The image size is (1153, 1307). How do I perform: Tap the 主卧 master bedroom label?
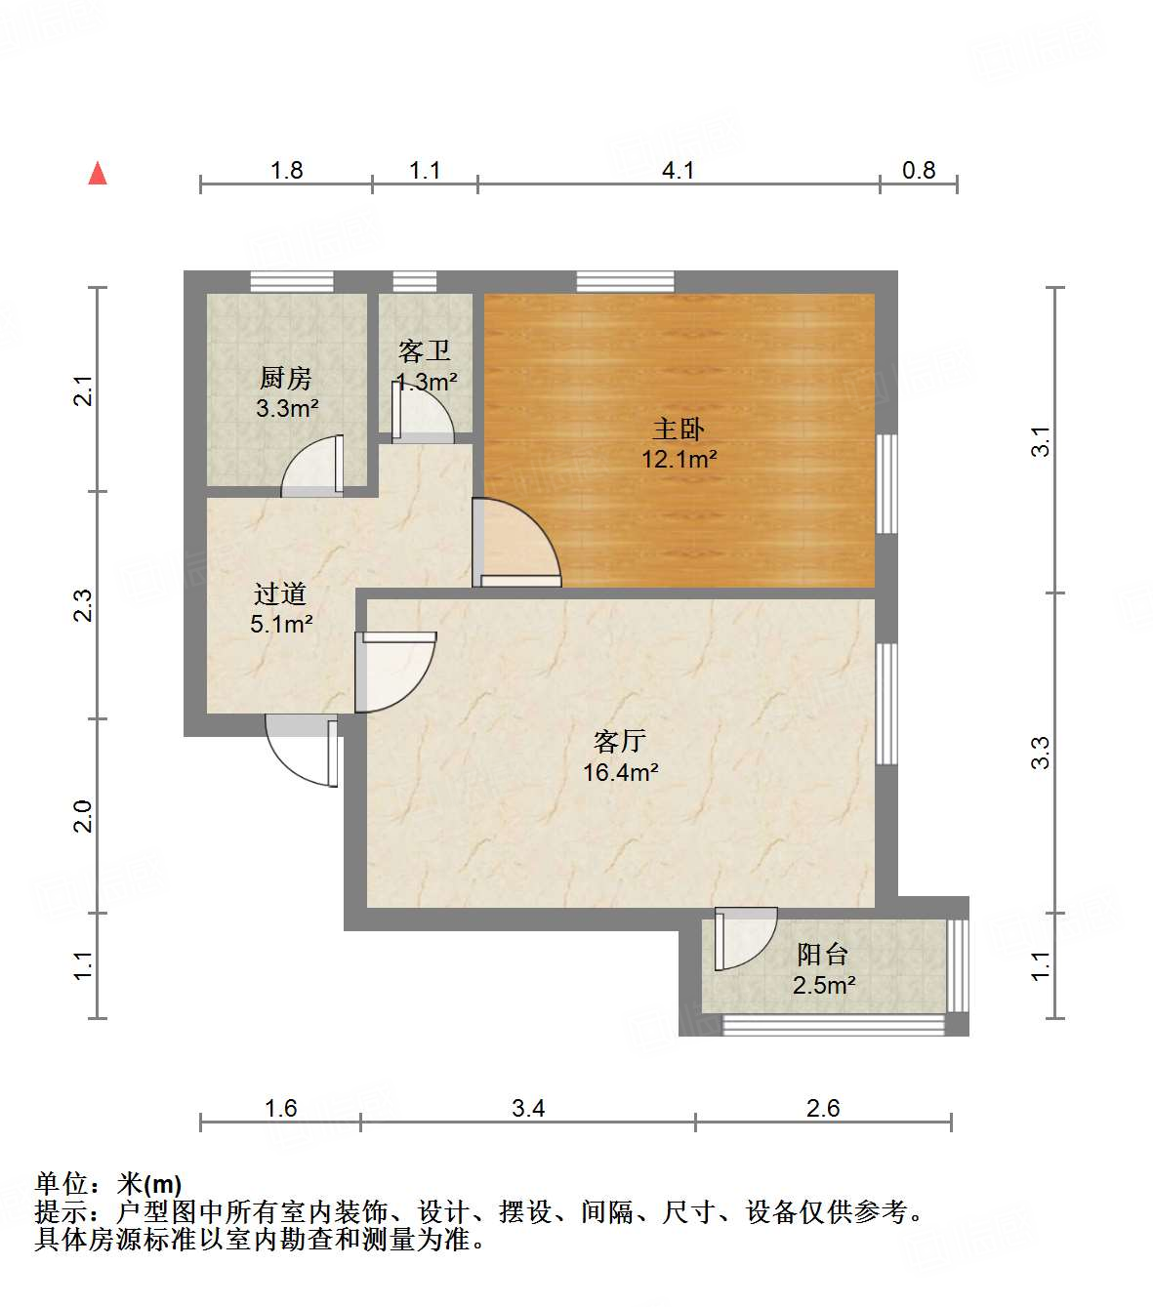tap(678, 429)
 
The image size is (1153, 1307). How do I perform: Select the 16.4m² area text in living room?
tap(620, 773)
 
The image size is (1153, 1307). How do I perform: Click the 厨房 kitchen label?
tap(285, 378)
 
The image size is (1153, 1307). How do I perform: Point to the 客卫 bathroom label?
tap(425, 350)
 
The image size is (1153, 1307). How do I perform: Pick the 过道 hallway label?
tap(280, 593)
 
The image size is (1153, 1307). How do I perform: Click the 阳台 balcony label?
tap(823, 954)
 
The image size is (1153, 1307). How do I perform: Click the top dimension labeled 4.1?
tap(678, 171)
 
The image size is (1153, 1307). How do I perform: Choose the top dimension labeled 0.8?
tap(918, 171)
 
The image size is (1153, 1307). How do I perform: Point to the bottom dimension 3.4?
tap(527, 1108)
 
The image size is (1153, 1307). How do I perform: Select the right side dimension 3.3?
tap(1041, 752)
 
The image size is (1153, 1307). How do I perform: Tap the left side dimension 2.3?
tap(84, 605)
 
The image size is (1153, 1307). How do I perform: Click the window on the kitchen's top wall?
tap(291, 282)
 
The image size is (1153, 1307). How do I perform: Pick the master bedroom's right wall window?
tap(886, 483)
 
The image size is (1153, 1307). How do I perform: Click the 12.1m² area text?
tap(679, 459)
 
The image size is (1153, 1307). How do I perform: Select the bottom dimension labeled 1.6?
tap(281, 1108)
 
